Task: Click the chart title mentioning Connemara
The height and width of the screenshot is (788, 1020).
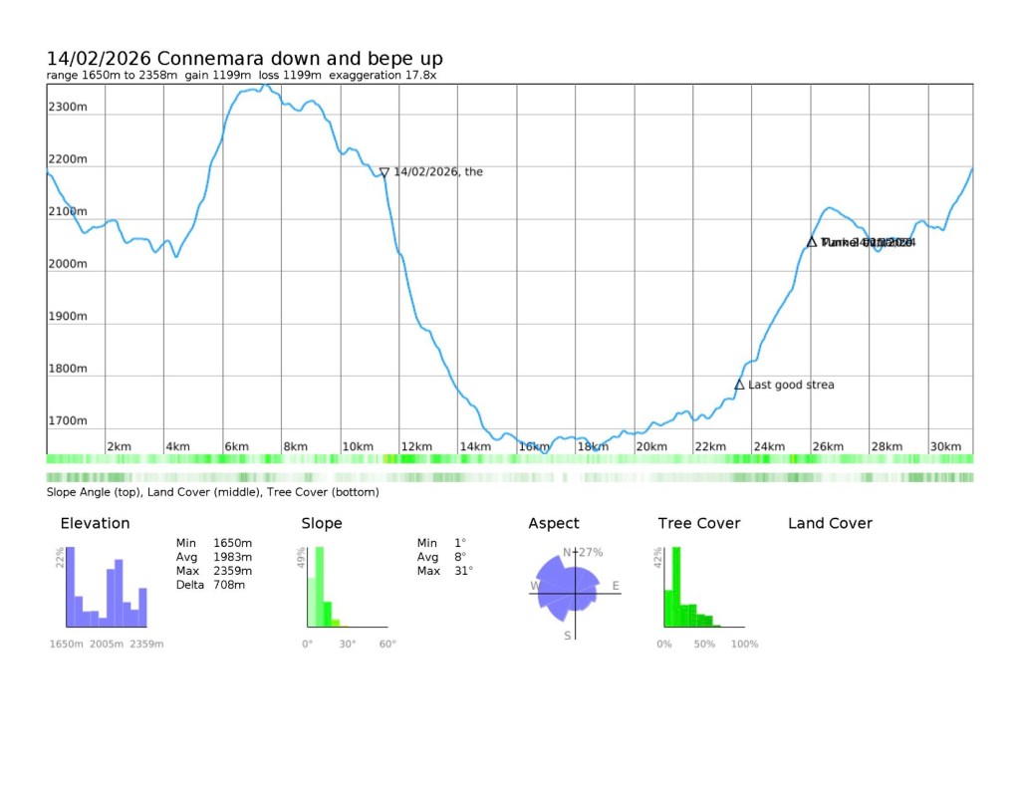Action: point(245,59)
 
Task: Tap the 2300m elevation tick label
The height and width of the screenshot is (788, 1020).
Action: point(68,107)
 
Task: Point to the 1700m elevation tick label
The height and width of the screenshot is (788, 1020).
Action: point(68,421)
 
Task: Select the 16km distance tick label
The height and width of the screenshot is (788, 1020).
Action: point(534,447)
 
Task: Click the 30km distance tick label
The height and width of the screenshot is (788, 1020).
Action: point(945,447)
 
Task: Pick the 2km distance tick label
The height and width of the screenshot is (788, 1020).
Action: point(119,447)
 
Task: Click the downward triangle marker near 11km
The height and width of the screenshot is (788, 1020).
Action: point(384,172)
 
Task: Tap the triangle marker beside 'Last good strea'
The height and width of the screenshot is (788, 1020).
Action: point(739,385)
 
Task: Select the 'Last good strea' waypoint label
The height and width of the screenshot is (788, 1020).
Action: point(792,385)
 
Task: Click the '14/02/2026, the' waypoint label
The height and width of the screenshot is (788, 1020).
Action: point(438,171)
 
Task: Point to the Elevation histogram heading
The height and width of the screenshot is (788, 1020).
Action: point(95,523)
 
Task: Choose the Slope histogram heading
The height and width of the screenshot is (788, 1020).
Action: point(322,523)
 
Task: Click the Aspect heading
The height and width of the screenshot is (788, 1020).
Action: point(553,523)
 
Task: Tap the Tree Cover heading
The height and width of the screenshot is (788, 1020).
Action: point(698,523)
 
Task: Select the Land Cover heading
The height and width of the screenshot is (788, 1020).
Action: point(830,523)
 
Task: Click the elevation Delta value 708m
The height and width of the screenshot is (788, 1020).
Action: point(228,585)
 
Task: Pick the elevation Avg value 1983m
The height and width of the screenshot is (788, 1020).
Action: point(232,557)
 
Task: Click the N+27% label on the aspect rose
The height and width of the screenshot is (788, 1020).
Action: point(584,552)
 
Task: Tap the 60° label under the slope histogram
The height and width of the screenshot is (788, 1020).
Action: point(386,644)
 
